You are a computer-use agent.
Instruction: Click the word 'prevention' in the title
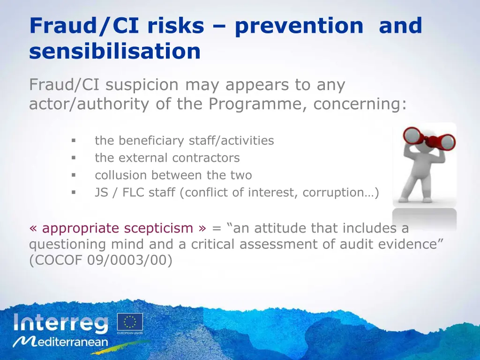[x=299, y=26]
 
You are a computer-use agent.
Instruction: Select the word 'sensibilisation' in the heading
[x=115, y=52]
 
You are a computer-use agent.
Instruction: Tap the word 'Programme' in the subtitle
[x=258, y=104]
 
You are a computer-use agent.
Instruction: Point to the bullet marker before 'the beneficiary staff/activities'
[x=74, y=141]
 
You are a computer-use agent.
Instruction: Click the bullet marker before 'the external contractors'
[x=74, y=158]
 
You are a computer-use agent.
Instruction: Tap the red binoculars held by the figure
[x=429, y=138]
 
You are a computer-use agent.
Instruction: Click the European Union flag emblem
[x=130, y=322]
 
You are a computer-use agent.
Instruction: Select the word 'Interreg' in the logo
[x=61, y=324]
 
